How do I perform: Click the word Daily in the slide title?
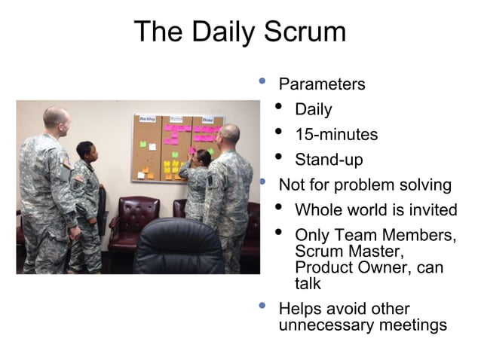224,32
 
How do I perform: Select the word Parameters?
322,84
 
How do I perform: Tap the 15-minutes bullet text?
336,135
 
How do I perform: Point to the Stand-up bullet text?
329,160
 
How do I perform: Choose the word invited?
430,210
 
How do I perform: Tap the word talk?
308,284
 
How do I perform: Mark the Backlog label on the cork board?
146,120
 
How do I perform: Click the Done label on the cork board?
207,120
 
